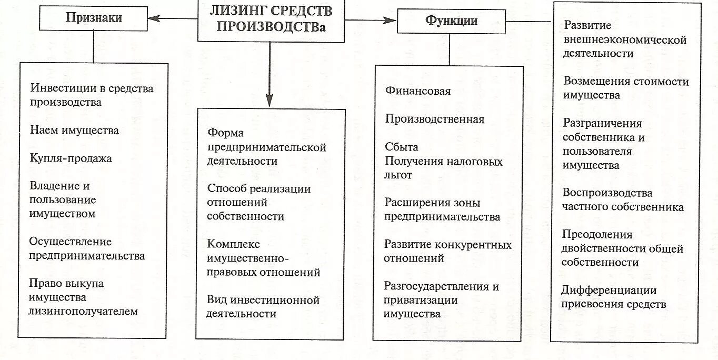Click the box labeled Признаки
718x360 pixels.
tap(94, 18)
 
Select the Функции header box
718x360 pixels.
tap(451, 21)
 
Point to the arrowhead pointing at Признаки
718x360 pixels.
tap(154, 18)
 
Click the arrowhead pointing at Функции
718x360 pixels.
tap(390, 21)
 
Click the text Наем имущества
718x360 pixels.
tap(74, 131)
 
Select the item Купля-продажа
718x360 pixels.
tap(71, 158)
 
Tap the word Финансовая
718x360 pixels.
tap(418, 91)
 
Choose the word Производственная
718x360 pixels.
tap(434, 119)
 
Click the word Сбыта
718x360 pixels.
tap(401, 147)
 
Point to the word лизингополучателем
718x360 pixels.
tap(84, 312)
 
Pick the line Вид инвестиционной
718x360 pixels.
tap(263, 301)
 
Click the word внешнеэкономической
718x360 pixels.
tap(625, 40)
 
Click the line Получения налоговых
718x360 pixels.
tap(443, 162)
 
